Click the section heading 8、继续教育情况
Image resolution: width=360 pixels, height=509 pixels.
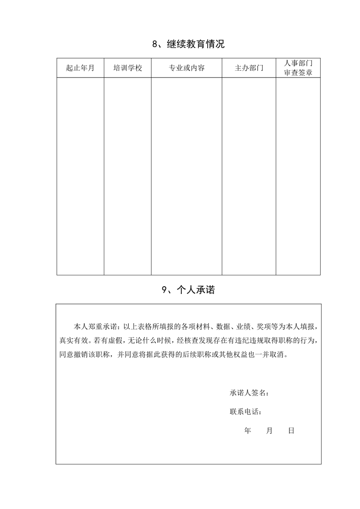(188, 44)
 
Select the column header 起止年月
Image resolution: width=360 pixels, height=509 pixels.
(80, 68)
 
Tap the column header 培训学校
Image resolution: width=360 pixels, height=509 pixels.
(127, 68)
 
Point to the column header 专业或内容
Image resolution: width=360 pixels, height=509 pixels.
(186, 68)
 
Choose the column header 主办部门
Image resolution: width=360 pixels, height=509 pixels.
(249, 68)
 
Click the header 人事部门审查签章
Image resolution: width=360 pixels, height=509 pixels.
(298, 68)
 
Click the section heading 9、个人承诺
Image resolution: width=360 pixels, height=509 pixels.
(188, 291)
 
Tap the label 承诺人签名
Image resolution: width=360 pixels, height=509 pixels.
(249, 392)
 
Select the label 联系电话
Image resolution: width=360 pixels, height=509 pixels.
(245, 412)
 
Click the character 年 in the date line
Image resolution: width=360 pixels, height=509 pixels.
(248, 431)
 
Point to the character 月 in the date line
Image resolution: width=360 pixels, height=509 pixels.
(269, 431)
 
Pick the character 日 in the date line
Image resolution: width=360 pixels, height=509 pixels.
(291, 431)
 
